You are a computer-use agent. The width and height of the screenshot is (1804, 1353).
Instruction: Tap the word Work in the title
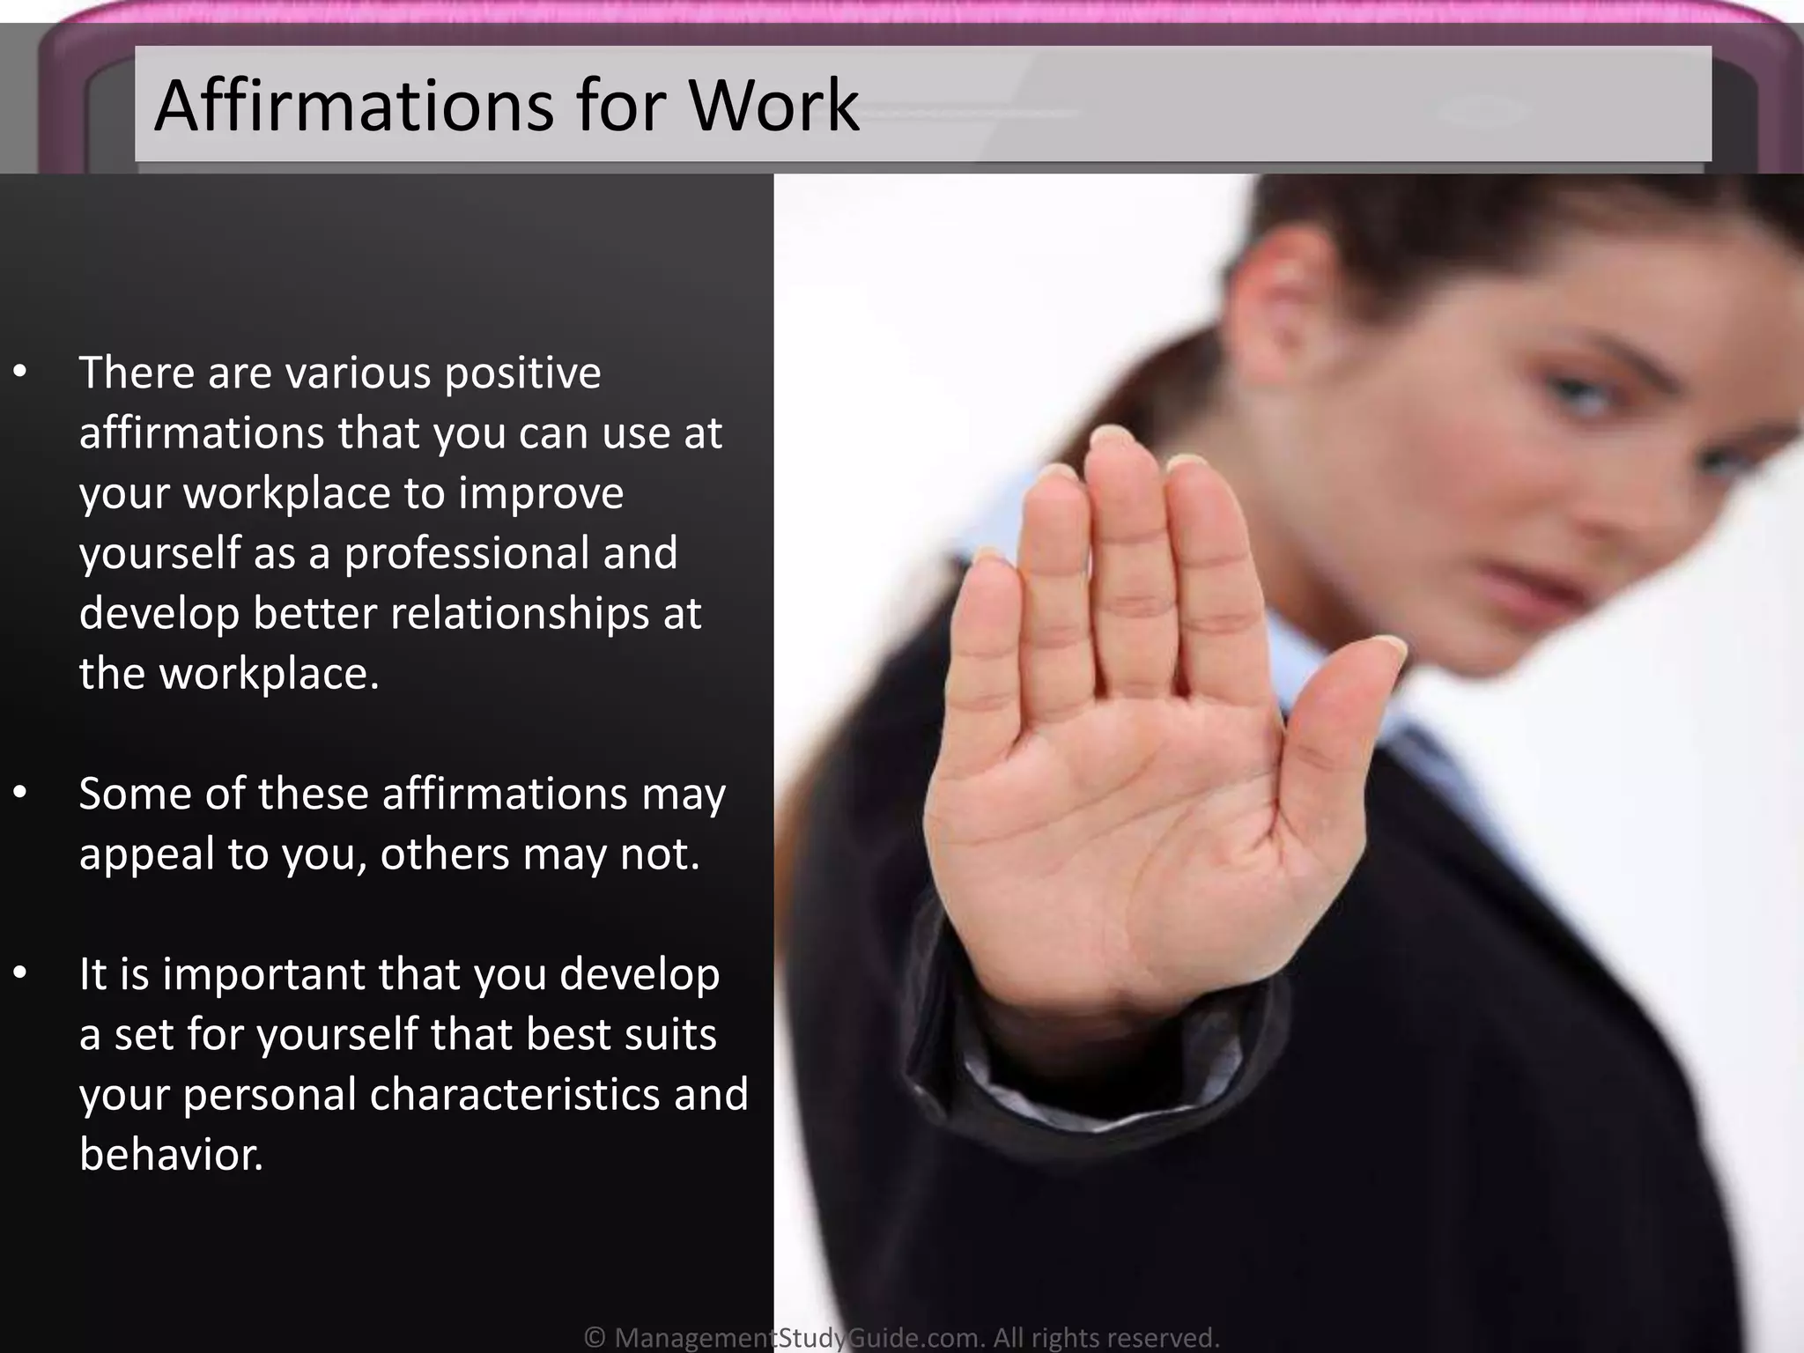[x=773, y=106]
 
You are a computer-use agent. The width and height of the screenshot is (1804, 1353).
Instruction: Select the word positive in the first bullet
[x=522, y=373]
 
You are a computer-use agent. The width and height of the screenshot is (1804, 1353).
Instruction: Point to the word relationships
[x=520, y=613]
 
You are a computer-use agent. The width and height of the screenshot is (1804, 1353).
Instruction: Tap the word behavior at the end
[x=171, y=1154]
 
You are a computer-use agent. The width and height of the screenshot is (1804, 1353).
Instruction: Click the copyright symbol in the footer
[x=595, y=1338]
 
